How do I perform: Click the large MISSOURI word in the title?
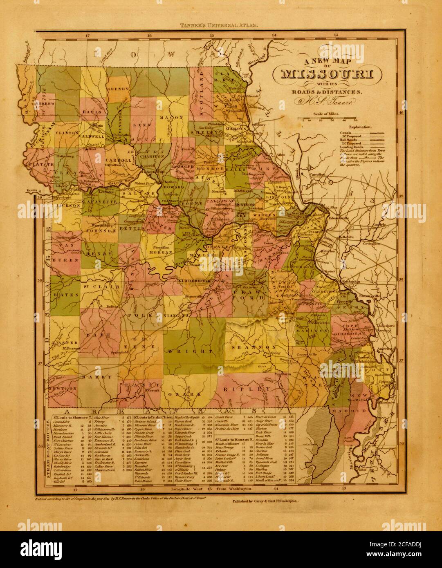(331, 75)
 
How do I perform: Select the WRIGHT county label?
(188, 351)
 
